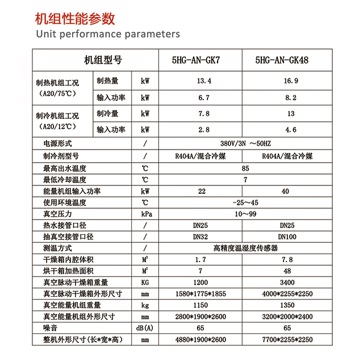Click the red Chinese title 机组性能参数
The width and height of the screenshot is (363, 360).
75,18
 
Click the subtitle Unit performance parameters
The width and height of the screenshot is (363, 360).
107,34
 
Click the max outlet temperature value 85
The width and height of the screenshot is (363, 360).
245,168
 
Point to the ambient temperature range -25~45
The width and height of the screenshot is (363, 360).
245,202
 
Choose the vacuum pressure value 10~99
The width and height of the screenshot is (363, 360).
245,214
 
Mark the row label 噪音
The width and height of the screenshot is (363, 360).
51,328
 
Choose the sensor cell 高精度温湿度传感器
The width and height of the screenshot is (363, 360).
245,248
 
